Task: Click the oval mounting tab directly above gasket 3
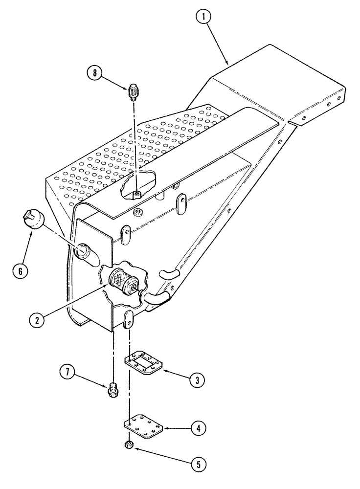tap(128, 320)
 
